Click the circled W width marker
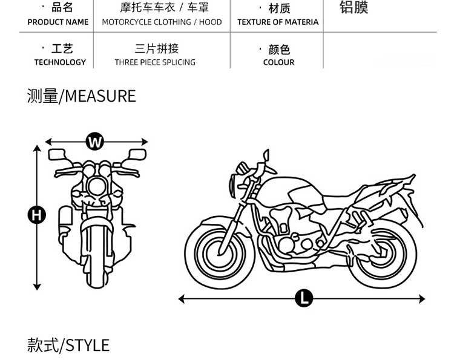[95, 142]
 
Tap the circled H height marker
[38, 214]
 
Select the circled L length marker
[304, 298]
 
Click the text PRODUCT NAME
[58, 22]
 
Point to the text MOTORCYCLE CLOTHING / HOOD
[162, 22]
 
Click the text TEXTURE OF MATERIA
[278, 22]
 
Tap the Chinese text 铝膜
[354, 8]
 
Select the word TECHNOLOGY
[60, 62]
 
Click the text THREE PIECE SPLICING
[155, 62]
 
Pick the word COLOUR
[279, 62]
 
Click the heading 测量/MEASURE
[81, 96]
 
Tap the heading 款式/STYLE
[68, 345]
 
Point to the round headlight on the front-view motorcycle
[95, 185]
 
